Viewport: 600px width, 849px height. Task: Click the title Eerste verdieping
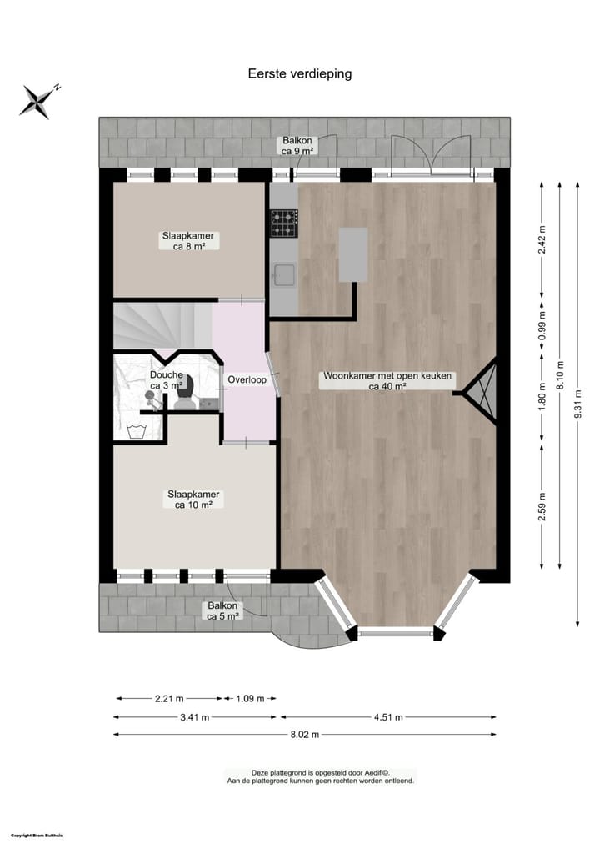[x=300, y=73]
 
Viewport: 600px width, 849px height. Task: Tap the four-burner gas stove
[x=283, y=223]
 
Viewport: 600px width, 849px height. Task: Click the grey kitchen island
[x=353, y=254]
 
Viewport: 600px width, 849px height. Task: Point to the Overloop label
[x=247, y=380]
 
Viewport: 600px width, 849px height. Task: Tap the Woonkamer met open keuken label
[x=387, y=381]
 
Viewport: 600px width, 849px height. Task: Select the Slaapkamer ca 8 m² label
[x=187, y=241]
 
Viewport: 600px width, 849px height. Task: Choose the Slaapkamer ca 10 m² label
[x=192, y=499]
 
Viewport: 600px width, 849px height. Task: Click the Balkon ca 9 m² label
[x=297, y=146]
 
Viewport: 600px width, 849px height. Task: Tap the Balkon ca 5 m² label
[x=223, y=611]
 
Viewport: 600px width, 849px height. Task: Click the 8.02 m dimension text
[x=304, y=735]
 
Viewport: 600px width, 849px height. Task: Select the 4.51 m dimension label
[x=387, y=716]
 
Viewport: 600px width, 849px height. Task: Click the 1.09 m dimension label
[x=250, y=699]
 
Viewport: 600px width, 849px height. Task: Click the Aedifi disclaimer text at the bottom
[x=321, y=777]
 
